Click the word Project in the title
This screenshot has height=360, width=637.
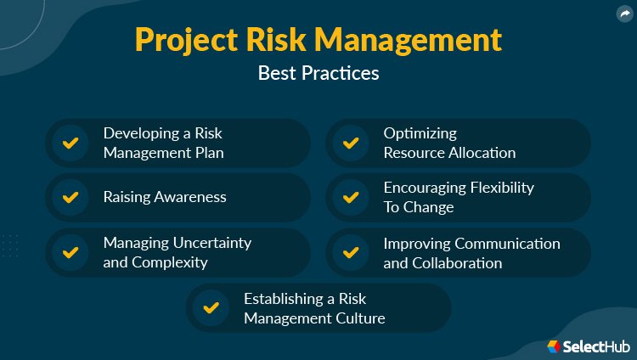182,40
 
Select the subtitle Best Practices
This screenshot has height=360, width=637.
318,73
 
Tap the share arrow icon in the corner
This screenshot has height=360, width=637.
624,14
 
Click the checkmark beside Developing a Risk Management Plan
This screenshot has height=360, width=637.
70,143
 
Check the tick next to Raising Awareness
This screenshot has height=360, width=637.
70,197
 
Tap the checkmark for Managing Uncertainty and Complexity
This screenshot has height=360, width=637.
70,252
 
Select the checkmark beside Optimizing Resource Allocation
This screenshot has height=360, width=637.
350,143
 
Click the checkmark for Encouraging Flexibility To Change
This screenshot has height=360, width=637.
350,197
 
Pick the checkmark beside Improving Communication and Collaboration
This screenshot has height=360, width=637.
350,252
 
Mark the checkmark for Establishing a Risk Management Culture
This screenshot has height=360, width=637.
211,307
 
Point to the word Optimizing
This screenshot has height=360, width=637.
420,133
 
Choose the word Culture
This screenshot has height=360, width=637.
362,318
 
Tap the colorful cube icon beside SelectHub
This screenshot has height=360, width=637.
554,346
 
